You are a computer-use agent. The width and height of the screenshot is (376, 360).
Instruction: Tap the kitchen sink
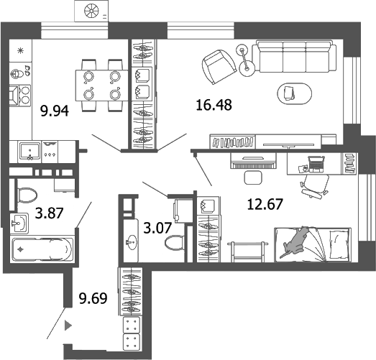tap(29, 150)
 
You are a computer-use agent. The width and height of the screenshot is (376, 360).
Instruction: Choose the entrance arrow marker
tap(68, 325)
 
